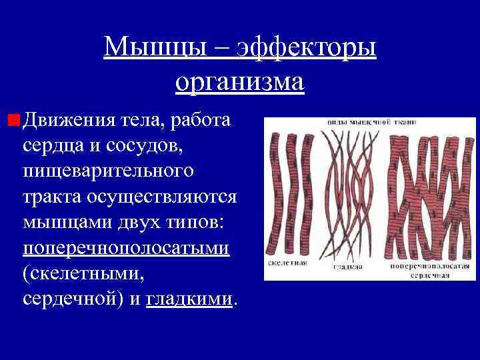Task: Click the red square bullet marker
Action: tap(13, 121)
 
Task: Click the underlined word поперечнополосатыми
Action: tap(126, 248)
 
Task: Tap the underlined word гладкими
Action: tap(189, 299)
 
